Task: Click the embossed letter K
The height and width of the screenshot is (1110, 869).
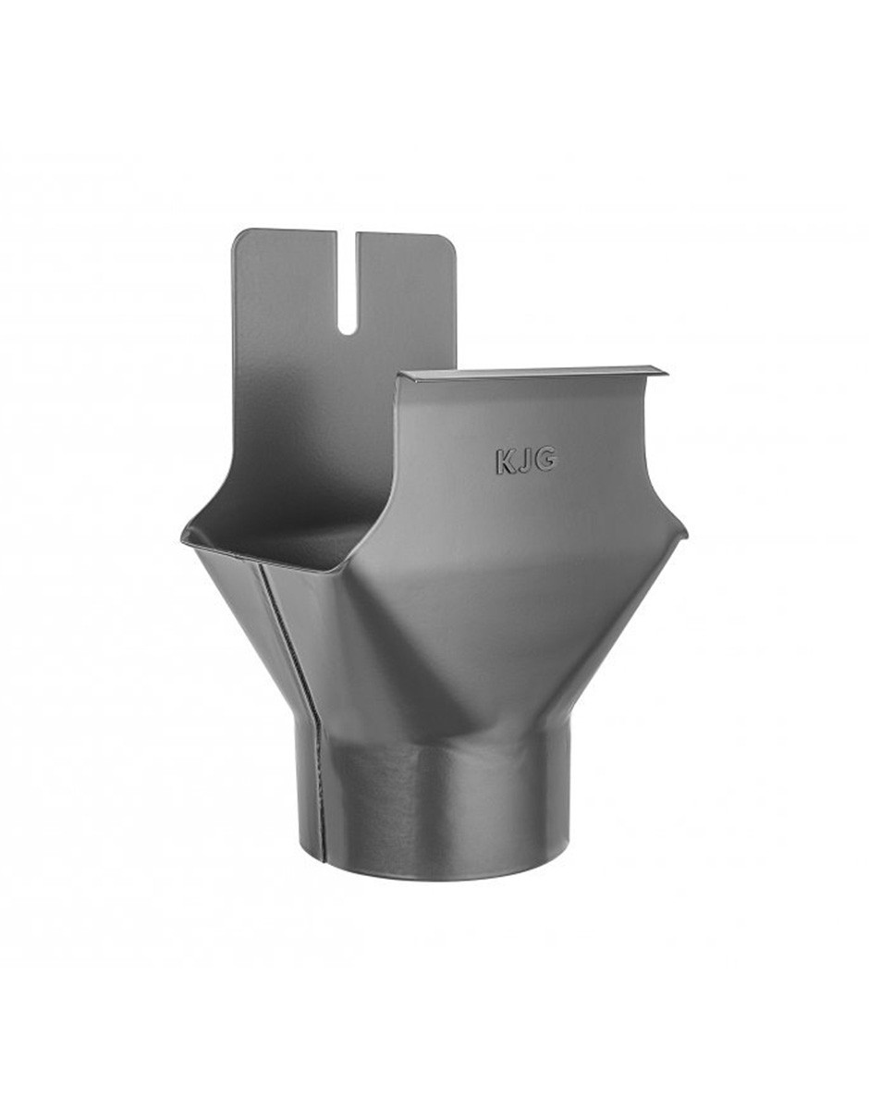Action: point(505,462)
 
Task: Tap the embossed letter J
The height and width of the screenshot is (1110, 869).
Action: point(526,462)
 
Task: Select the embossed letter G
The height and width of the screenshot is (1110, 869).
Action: point(545,461)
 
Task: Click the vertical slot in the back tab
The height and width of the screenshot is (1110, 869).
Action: point(348,283)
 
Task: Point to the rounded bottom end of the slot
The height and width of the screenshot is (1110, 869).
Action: point(348,331)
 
